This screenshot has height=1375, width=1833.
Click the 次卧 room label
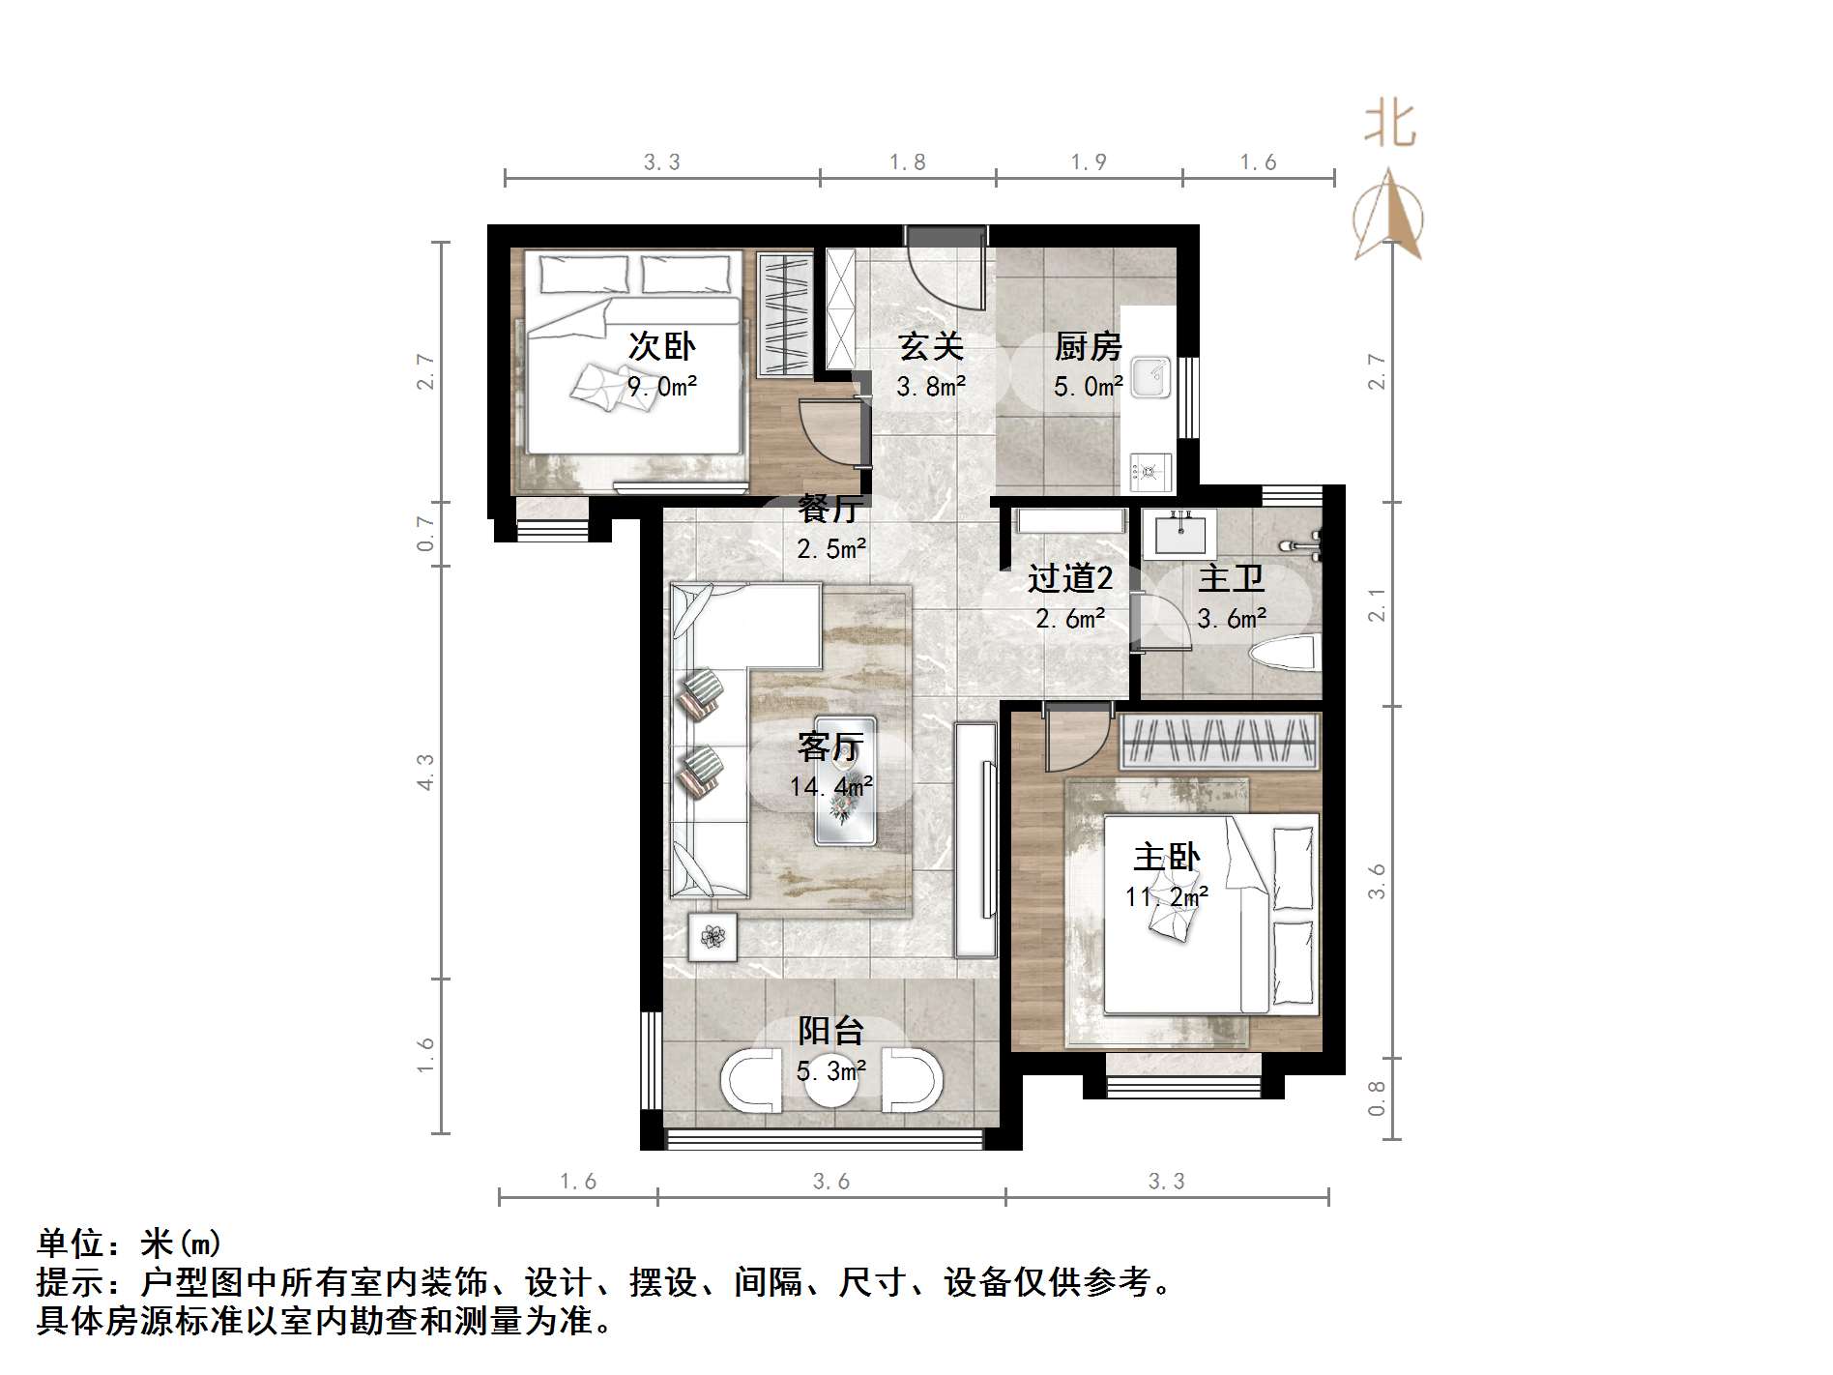click(661, 346)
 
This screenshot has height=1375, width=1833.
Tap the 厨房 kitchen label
click(1088, 346)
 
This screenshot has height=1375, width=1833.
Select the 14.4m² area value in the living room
click(831, 786)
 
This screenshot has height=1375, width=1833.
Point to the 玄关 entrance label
click(930, 346)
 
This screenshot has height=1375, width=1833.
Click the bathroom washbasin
click(1174, 531)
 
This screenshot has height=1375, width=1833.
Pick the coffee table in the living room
click(845, 781)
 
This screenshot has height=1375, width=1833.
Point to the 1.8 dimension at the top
click(908, 162)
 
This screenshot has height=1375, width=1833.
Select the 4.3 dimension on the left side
click(425, 773)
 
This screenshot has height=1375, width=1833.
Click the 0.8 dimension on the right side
click(1377, 1098)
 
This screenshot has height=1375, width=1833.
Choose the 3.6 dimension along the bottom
click(831, 1181)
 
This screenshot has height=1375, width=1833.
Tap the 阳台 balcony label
click(830, 1031)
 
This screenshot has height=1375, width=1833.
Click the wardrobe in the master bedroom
click(1220, 742)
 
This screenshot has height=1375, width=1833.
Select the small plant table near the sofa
click(713, 936)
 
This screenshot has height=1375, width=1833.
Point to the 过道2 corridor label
click(1070, 578)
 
